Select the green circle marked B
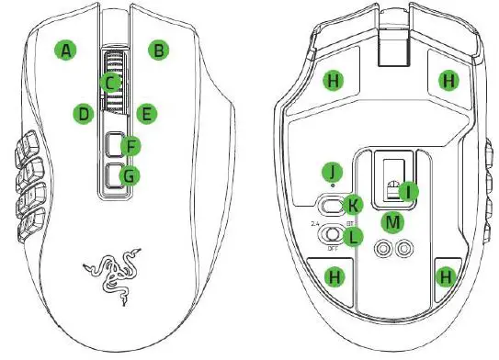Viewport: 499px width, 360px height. (160, 51)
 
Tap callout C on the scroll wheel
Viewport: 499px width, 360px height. (110, 83)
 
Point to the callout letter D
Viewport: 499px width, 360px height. (84, 115)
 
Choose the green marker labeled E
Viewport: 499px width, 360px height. (144, 115)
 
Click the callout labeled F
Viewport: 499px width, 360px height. (132, 146)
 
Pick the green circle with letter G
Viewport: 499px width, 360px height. (132, 174)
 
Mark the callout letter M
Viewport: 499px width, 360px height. (393, 221)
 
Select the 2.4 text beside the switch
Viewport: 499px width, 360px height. (315, 224)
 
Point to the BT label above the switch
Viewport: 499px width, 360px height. (350, 223)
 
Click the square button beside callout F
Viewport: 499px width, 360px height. (112, 145)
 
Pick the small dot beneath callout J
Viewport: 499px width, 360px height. (332, 185)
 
